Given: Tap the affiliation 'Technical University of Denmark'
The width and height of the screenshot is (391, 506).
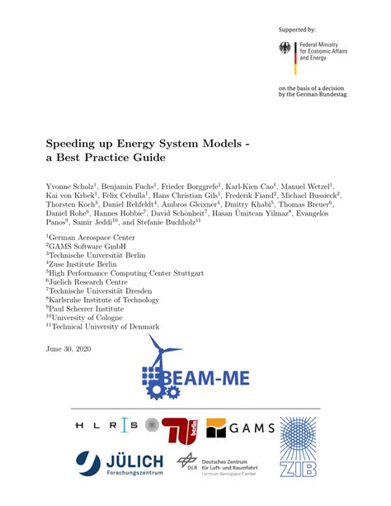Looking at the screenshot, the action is click(103, 327).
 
